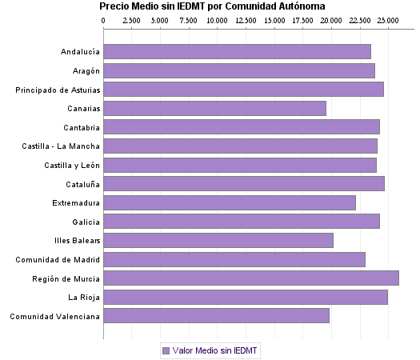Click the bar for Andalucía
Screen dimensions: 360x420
coord(237,51)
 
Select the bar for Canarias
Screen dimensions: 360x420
coord(214,108)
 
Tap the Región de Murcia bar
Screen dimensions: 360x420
coord(251,278)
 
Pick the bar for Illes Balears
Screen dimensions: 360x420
coord(218,240)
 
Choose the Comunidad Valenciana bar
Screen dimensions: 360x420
coord(216,316)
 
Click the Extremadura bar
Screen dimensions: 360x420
coord(230,202)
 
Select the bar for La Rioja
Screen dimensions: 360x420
coord(246,297)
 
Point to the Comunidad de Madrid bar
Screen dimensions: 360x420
coord(234,259)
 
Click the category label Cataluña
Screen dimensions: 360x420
coord(81,184)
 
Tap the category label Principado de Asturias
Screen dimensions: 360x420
coord(58,90)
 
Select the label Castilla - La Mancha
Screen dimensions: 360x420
coord(62,146)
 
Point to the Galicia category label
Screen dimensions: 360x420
coord(86,222)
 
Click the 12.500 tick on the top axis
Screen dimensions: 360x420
coord(246,19)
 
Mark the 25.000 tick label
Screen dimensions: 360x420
coord(388,19)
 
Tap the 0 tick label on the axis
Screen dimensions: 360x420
coord(104,19)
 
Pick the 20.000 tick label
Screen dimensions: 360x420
coord(331,19)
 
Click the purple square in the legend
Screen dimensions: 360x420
coord(166,350)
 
